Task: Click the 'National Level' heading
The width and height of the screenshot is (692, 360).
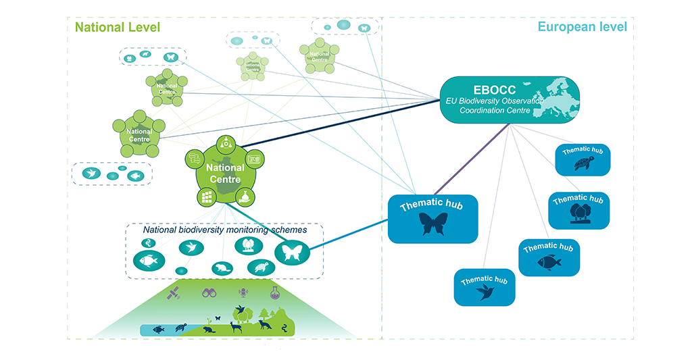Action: (x=118, y=28)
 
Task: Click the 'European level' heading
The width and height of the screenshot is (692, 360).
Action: (x=582, y=27)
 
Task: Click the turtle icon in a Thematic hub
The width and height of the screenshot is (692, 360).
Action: (x=583, y=163)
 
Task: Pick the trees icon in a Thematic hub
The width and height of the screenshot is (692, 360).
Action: (x=579, y=212)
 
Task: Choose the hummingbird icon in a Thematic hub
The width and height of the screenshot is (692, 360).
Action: (x=484, y=292)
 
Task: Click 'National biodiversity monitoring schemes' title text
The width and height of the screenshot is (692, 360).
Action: (x=225, y=230)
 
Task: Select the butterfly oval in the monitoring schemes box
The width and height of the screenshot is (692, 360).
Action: (x=291, y=254)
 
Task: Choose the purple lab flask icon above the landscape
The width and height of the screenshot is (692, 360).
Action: (x=274, y=292)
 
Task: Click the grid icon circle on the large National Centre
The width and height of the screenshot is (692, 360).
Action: (x=207, y=197)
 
